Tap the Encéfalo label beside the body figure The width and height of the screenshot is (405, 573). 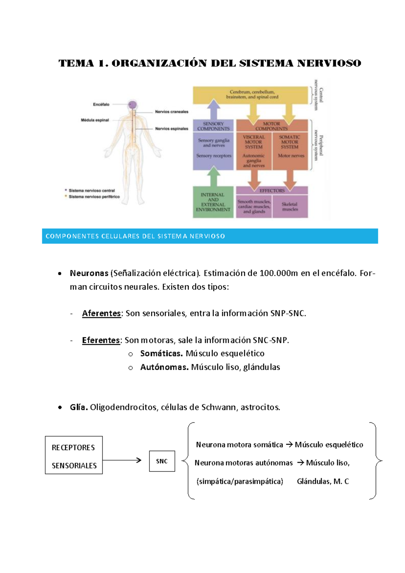(101, 104)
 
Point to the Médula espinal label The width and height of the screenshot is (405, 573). (95, 120)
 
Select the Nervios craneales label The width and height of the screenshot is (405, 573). (171, 112)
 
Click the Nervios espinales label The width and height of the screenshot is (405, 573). (171, 129)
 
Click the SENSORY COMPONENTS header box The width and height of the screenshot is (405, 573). (213, 126)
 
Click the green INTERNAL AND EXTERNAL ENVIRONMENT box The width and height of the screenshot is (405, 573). (213, 202)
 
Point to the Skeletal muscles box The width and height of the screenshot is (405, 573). (290, 207)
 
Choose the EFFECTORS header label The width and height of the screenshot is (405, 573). (272, 191)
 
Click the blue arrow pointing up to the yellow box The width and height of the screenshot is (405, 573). (213, 109)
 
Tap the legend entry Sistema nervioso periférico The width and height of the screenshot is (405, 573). (94, 197)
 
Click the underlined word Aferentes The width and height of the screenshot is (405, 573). (101, 313)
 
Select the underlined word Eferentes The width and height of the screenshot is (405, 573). (101, 340)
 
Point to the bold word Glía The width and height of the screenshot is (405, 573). (79, 407)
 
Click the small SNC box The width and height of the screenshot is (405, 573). (162, 461)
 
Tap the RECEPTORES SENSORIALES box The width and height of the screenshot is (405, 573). (74, 455)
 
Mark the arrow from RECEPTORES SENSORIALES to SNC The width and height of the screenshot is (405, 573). (122, 460)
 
